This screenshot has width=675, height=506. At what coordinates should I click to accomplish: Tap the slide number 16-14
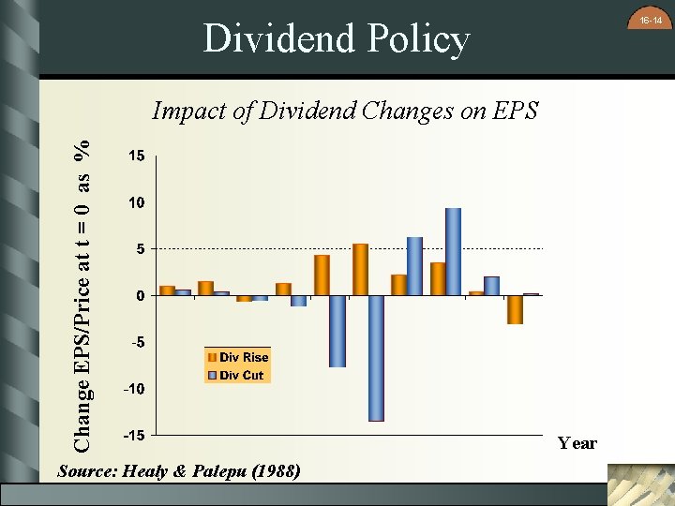click(x=651, y=20)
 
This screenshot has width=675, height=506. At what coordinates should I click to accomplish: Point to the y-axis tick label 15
click(x=137, y=156)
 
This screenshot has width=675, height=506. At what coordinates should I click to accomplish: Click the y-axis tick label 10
click(x=137, y=202)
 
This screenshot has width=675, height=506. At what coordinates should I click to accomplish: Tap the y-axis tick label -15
click(x=134, y=436)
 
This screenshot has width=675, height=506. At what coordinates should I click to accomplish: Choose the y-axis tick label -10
click(x=134, y=389)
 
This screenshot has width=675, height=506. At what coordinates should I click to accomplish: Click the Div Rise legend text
click(x=244, y=357)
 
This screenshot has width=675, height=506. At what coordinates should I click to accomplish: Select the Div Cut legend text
click(x=242, y=375)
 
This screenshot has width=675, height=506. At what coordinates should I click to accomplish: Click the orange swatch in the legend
click(x=212, y=357)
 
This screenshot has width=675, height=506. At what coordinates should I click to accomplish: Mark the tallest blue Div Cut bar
click(x=453, y=251)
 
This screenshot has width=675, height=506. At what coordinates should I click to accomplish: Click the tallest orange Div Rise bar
click(x=360, y=270)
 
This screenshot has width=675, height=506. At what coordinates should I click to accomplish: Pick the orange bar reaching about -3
click(x=515, y=310)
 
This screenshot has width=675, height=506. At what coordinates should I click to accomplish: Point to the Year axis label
click(x=577, y=443)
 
